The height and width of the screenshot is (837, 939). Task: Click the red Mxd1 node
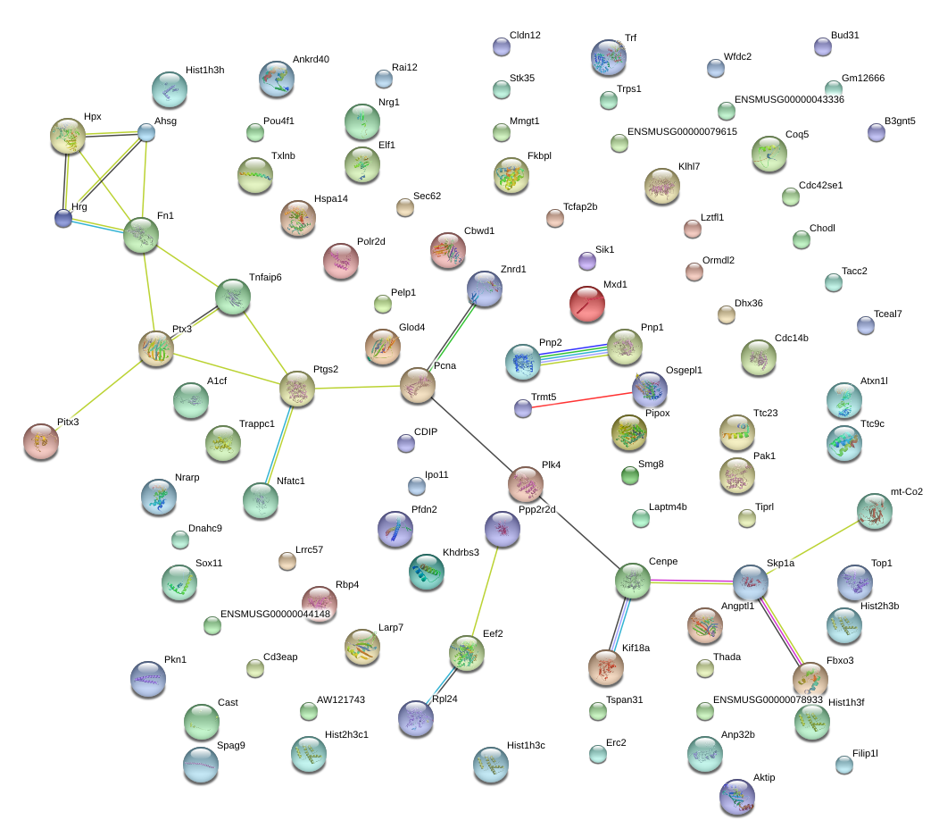click(x=587, y=303)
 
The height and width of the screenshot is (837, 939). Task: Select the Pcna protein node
click(x=418, y=385)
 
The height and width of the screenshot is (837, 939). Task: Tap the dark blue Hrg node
click(x=63, y=218)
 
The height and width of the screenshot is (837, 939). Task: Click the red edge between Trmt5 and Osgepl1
click(x=581, y=400)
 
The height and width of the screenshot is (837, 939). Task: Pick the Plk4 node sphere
click(x=526, y=484)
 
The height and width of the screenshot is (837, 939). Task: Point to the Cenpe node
click(x=632, y=581)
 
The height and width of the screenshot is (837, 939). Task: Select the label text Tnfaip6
click(x=265, y=278)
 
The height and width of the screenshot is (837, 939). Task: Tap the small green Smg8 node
click(x=630, y=475)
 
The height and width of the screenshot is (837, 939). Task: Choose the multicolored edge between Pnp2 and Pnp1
click(x=574, y=355)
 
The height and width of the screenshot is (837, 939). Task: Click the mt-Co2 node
click(x=875, y=511)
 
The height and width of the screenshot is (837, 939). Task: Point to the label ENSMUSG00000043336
click(x=789, y=99)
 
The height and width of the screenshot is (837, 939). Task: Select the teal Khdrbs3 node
click(x=427, y=572)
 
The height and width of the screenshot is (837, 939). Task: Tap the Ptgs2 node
click(x=297, y=389)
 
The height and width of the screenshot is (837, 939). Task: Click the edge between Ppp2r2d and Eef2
click(x=485, y=591)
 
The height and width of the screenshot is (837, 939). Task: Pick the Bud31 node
click(x=823, y=46)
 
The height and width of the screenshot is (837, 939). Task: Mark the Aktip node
click(x=737, y=797)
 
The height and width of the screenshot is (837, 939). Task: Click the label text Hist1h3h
click(x=204, y=70)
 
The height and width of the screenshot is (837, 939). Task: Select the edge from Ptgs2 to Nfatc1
click(x=278, y=445)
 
